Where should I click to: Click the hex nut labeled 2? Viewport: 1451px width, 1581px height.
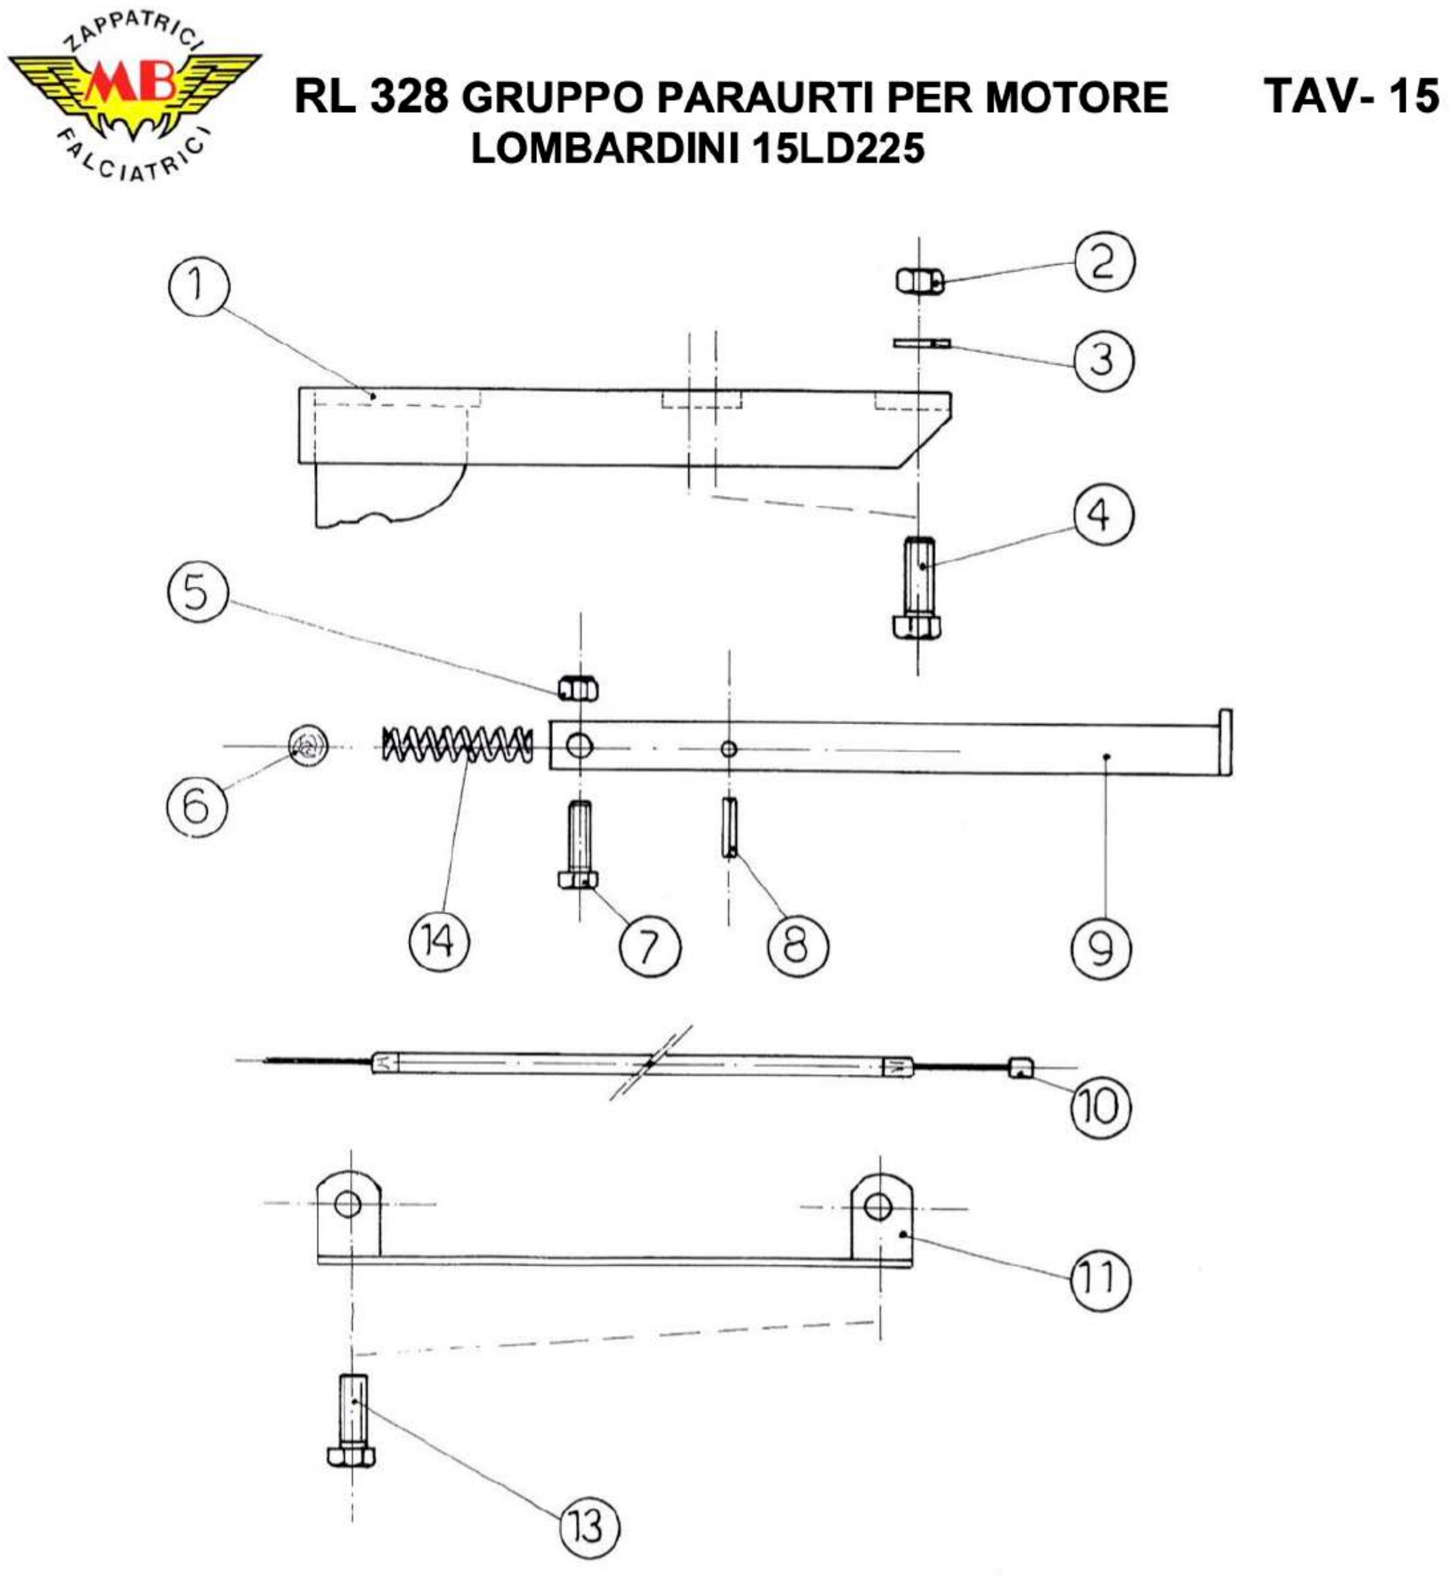(919, 280)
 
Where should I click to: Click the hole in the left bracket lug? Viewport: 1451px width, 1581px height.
(348, 1203)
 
